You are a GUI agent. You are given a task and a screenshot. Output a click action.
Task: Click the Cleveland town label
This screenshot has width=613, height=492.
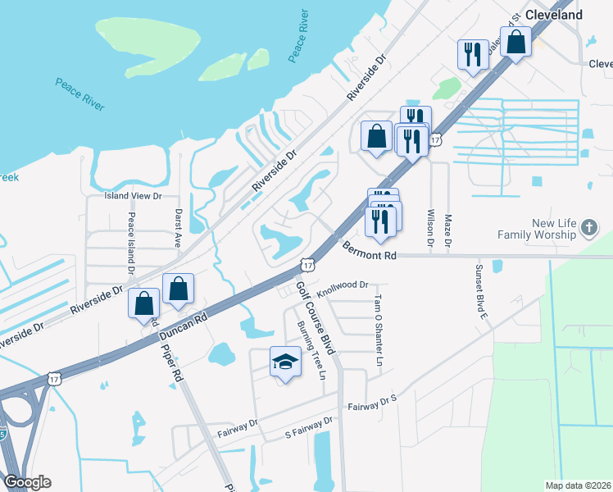click(x=554, y=15)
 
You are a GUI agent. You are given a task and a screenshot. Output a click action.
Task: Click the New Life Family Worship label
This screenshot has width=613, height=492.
click(x=543, y=229)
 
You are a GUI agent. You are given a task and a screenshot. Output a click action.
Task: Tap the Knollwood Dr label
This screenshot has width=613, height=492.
click(x=343, y=286)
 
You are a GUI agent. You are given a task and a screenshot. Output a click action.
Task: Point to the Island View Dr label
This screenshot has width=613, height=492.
click(x=134, y=197)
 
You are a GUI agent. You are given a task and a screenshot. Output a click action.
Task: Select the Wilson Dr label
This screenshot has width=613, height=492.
click(x=430, y=226)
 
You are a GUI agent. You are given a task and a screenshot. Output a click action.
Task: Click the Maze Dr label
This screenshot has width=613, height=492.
click(x=448, y=230)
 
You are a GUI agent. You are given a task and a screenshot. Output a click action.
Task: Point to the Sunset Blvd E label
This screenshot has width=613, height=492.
click(x=483, y=290)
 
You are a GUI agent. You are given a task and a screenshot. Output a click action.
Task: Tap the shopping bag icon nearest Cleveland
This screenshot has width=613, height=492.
click(x=515, y=43)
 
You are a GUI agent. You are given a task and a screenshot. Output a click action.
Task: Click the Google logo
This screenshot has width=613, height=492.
click(x=27, y=482)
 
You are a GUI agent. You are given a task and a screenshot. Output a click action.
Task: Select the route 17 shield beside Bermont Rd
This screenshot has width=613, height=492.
click(x=306, y=264)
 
